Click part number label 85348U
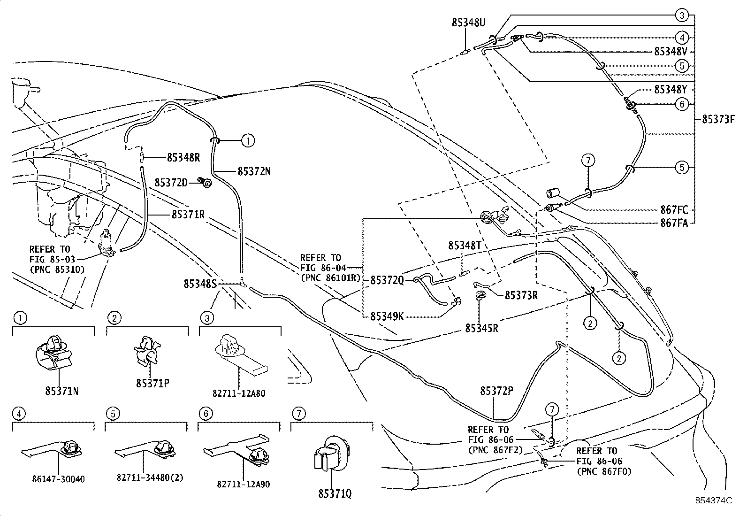coord(468,22)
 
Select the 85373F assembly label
coord(717,119)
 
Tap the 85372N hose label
coord(254,171)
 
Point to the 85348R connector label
coord(183,158)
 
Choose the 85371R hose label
coord(188,215)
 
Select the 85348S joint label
coord(200,284)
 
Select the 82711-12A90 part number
coord(244,484)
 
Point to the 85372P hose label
coord(496,391)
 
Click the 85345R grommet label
coord(481,328)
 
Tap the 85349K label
coord(387,316)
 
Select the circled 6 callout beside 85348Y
coord(682,104)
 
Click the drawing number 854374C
coord(713,501)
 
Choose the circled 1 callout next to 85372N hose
coord(248,140)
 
